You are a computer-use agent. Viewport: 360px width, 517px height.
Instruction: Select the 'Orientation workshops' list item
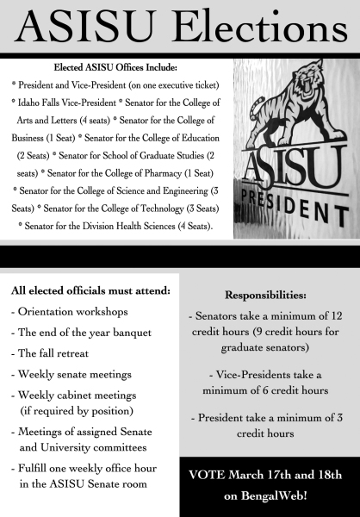[x=71, y=311]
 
